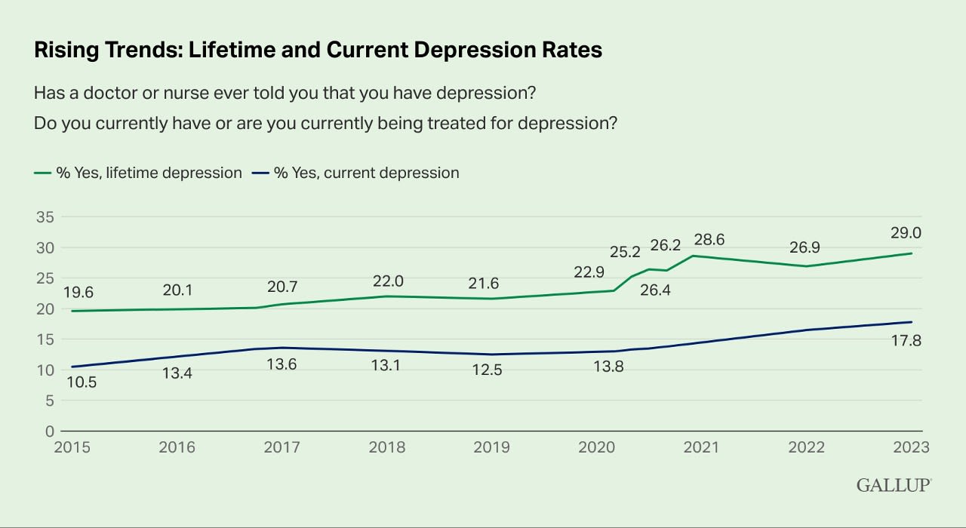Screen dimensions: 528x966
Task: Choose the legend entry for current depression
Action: tap(365, 173)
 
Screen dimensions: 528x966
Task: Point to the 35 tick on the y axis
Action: tap(45, 217)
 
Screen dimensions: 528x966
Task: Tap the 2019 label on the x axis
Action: tap(492, 447)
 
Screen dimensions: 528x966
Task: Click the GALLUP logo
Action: tap(893, 485)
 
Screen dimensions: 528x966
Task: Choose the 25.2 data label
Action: tap(625, 250)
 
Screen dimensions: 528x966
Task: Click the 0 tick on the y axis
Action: tap(48, 431)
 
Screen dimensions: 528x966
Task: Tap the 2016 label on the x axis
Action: tap(177, 447)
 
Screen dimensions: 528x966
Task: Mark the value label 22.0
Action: tap(388, 281)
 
